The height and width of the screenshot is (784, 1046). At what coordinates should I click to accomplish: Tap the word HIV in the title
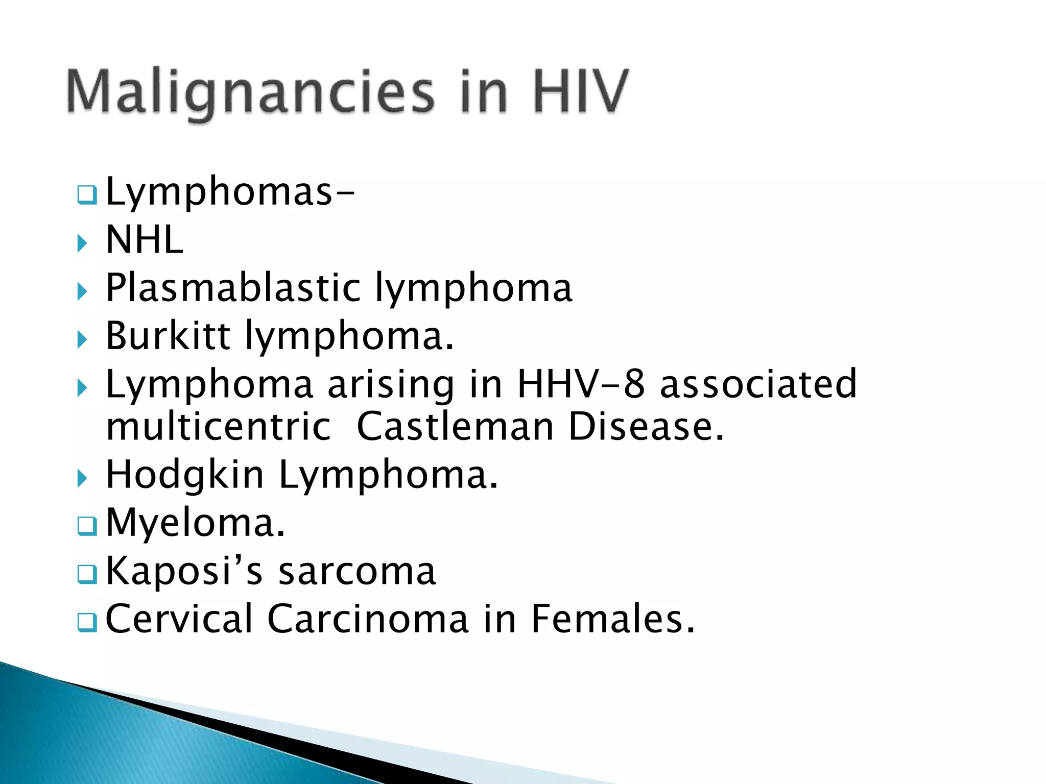tap(580, 92)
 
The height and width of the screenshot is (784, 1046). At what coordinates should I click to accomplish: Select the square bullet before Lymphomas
tap(87, 194)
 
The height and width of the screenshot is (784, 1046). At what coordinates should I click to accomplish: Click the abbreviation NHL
tap(145, 240)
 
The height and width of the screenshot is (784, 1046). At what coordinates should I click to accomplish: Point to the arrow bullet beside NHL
tap(82, 243)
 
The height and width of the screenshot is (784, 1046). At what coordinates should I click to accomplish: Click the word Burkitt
tap(168, 335)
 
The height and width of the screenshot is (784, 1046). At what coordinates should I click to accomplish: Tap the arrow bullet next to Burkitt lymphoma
tap(82, 339)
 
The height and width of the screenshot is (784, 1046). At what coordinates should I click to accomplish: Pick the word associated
tap(758, 384)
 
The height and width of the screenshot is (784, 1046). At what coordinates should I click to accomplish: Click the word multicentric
tap(219, 427)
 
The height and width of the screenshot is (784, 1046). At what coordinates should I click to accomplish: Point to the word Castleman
tap(455, 427)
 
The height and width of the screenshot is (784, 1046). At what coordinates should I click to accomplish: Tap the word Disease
tap(646, 427)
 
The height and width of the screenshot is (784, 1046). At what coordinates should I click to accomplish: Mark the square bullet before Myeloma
tap(87, 526)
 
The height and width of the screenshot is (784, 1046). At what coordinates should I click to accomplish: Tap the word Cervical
tap(179, 619)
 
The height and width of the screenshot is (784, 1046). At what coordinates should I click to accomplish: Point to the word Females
tap(612, 619)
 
